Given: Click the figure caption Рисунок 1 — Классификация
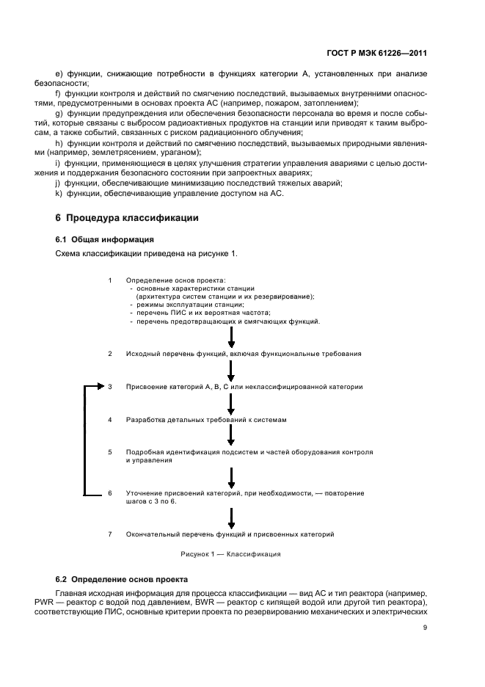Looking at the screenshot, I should pos(230,554).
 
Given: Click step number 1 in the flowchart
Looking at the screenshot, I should pos(109,280).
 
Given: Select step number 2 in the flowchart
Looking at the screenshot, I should pos(109,354).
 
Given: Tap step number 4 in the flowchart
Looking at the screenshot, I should pos(109,420).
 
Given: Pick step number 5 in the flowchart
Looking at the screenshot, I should pos(109,452).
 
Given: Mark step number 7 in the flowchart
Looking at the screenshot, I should pos(109,534).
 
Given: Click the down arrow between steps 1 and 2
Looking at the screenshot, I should pos(231,338).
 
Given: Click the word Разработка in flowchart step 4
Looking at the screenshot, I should pos(147,420).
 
